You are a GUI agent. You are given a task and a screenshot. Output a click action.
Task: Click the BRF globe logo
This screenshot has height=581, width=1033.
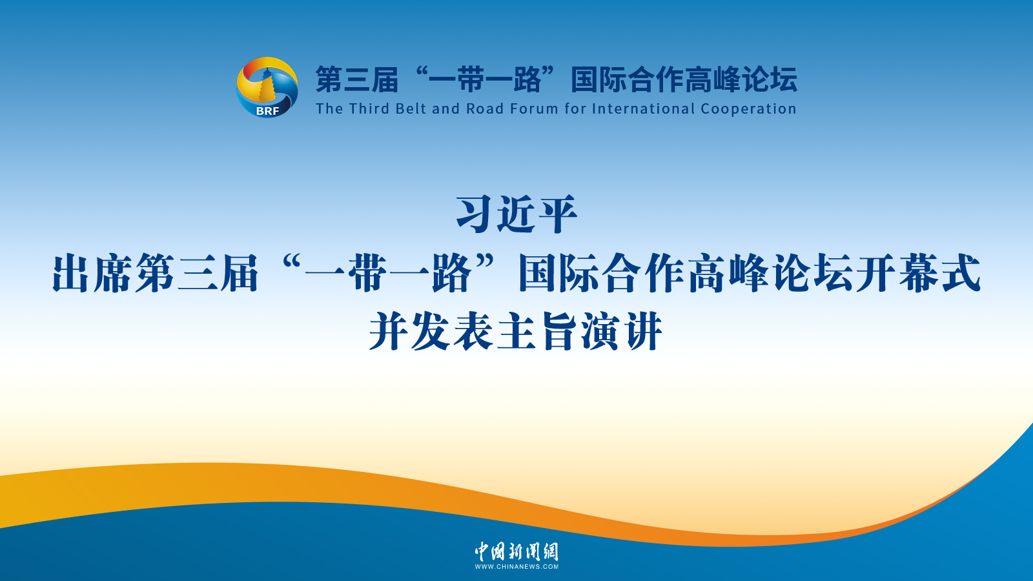coord(267,87)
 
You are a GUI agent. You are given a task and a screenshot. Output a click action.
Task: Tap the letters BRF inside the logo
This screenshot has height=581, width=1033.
coord(267,111)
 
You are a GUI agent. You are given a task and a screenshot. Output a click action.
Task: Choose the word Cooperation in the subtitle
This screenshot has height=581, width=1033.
coord(748,109)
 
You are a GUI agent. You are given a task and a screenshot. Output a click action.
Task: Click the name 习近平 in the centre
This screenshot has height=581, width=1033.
coord(516,214)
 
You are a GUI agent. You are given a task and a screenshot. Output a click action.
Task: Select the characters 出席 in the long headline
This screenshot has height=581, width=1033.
coord(92,274)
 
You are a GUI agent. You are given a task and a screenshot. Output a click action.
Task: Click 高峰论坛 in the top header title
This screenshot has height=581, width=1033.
coord(741,80)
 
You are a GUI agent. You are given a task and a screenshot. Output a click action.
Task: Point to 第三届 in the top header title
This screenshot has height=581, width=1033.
coord(357,80)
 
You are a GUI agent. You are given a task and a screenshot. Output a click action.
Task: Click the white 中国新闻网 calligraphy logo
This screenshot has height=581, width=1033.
coord(516,551)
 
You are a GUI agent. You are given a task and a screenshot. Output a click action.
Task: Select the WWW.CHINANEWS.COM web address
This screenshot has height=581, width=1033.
coord(516,567)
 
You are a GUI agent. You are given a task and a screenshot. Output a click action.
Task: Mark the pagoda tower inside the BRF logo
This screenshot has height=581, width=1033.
coord(267,86)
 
